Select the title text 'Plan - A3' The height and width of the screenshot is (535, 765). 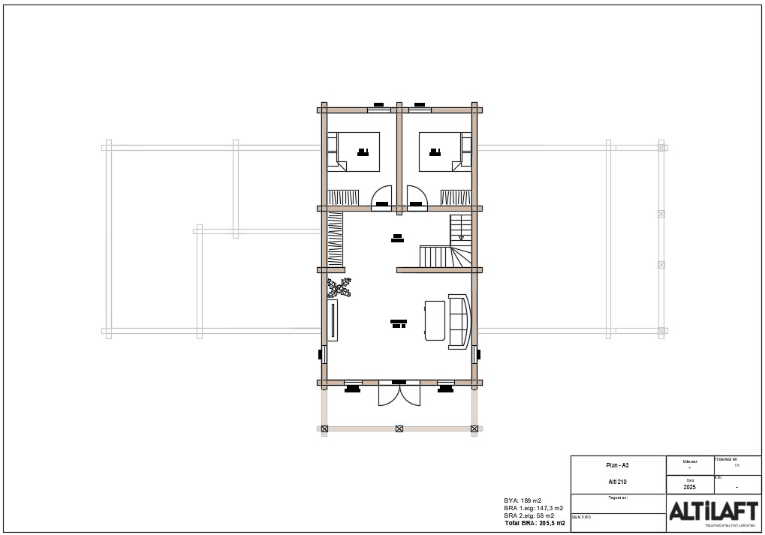point(618,465)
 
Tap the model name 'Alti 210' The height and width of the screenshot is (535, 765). point(618,482)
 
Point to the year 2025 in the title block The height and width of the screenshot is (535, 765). point(690,487)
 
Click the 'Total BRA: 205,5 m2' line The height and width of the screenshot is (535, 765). point(535,523)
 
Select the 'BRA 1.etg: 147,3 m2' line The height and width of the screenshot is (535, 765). point(533,508)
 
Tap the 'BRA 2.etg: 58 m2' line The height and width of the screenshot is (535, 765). point(529,515)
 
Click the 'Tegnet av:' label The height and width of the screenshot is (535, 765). point(617,497)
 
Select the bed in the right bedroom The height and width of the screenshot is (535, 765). point(441,152)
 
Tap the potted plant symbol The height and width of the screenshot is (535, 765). point(339,287)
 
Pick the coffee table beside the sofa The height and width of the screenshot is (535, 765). point(435,320)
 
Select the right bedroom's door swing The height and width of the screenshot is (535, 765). point(417,196)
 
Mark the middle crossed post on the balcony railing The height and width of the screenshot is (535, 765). point(399,429)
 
